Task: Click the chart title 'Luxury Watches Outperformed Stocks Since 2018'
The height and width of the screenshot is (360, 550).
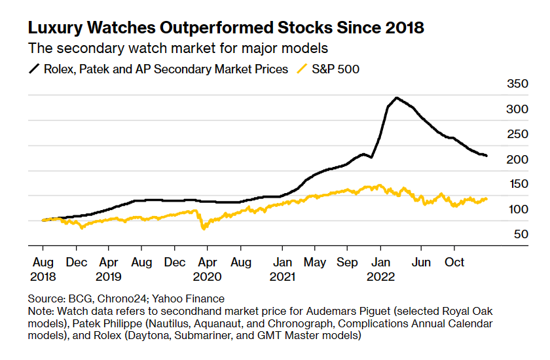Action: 225,28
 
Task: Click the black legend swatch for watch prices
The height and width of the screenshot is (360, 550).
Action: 33,69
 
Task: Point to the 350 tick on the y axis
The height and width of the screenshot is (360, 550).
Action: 517,84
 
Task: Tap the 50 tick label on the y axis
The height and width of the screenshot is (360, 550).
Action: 521,234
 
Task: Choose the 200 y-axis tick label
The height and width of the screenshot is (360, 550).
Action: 517,159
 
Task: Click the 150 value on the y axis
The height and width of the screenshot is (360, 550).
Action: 517,184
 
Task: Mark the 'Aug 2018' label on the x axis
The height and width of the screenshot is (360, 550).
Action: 43,268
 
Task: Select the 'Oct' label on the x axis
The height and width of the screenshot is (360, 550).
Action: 454,262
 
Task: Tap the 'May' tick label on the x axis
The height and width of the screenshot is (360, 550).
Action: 315,262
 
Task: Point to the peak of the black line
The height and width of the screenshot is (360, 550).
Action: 396,98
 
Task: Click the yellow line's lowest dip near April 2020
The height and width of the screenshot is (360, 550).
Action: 204,228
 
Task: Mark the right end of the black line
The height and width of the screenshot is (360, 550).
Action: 486,156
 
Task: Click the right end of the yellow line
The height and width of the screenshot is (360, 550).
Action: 486,198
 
